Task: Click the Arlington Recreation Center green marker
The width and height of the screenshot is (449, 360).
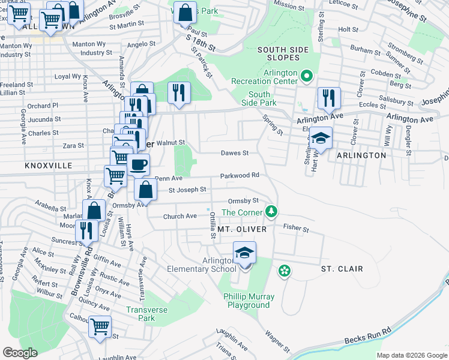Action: click(306, 76)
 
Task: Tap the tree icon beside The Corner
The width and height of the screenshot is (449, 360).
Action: click(272, 212)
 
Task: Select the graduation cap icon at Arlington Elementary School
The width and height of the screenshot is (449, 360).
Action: click(244, 253)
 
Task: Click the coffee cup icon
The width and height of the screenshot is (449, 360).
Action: click(138, 164)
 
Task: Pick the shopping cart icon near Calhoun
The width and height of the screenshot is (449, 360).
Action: click(100, 327)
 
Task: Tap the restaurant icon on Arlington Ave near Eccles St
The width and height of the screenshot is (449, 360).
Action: click(329, 98)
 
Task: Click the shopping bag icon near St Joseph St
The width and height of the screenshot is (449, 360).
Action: click(146, 190)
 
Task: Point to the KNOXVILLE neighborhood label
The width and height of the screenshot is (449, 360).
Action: click(49, 165)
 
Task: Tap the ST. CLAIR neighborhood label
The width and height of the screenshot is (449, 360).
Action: click(342, 269)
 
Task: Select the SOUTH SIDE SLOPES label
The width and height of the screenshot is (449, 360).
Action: click(279, 53)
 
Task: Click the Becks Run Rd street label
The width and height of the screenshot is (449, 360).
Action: click(368, 335)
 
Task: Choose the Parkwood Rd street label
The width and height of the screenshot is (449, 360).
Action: click(239, 175)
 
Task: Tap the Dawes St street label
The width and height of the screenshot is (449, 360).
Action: click(234, 153)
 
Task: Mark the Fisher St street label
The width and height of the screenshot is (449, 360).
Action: click(296, 229)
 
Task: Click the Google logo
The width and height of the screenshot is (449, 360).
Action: click(20, 353)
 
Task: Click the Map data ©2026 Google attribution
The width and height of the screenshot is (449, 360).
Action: click(411, 355)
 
